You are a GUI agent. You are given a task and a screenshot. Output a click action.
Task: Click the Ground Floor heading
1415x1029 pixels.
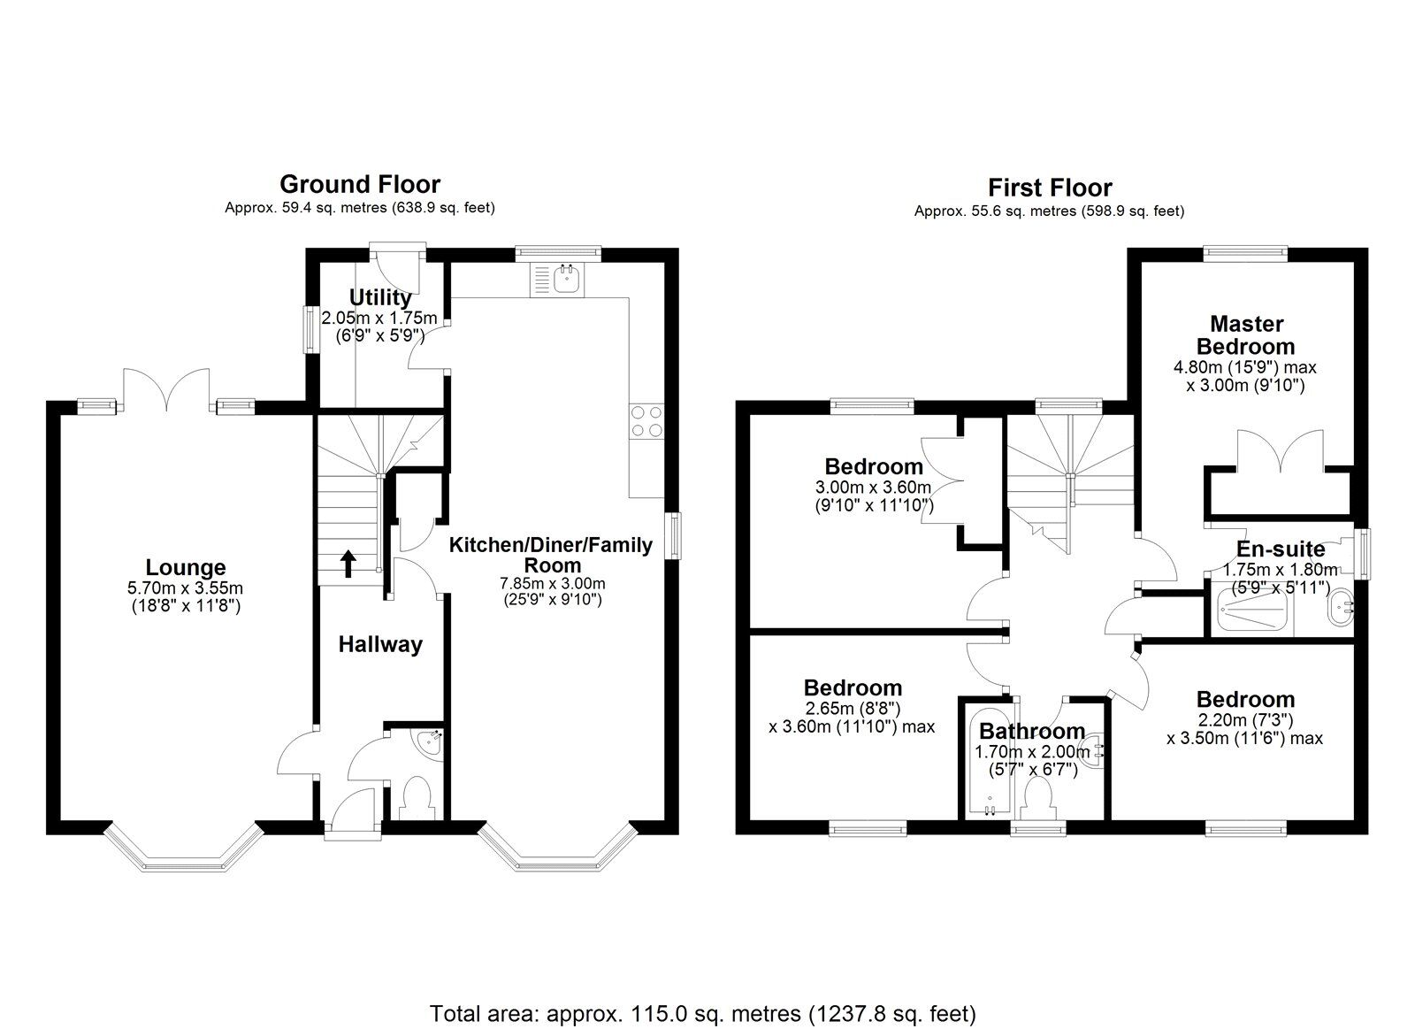click(359, 184)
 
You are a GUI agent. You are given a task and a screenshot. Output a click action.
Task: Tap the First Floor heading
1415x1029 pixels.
click(1050, 188)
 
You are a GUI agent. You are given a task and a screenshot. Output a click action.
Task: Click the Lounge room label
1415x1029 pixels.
click(186, 567)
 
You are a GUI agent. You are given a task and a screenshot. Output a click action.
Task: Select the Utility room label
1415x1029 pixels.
click(379, 297)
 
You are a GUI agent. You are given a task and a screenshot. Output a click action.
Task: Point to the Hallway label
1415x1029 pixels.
click(380, 645)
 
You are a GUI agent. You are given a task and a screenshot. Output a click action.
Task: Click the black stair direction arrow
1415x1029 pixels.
click(348, 563)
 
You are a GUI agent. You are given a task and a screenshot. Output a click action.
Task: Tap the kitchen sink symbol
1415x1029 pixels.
click(555, 280)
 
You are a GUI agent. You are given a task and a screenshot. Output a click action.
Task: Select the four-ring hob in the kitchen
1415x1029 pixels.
click(646, 421)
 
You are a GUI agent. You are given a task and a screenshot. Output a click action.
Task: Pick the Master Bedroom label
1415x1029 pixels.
click(1246, 335)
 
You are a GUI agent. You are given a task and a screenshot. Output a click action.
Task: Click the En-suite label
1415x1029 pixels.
click(1280, 549)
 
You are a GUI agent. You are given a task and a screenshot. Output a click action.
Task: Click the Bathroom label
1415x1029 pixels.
click(1031, 732)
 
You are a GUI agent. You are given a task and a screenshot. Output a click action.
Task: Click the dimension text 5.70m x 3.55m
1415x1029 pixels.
click(185, 587)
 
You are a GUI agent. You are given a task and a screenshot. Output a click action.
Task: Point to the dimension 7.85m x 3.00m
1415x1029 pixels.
click(552, 584)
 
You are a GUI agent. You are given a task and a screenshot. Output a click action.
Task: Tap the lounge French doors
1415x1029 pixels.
click(167, 390)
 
